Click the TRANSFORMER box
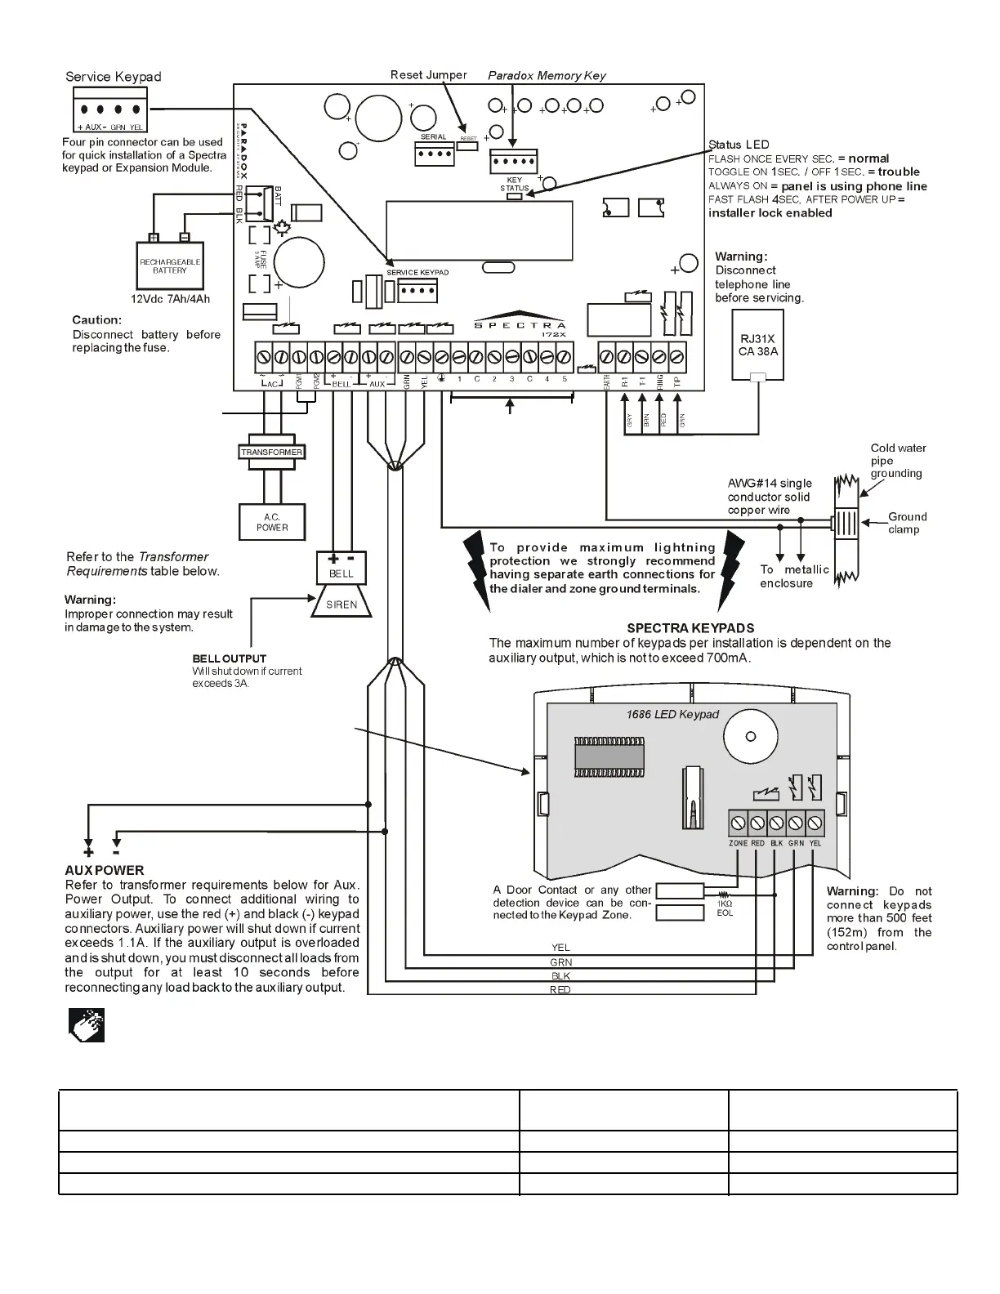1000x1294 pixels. click(271, 452)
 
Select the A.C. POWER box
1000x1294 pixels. click(272, 522)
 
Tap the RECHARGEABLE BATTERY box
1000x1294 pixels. click(170, 266)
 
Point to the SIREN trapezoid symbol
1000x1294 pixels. click(342, 605)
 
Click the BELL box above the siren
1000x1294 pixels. click(342, 568)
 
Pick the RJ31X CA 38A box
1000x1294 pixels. click(757, 345)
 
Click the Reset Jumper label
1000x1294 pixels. click(428, 75)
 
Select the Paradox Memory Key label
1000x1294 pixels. click(547, 76)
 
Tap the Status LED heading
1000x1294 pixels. click(739, 145)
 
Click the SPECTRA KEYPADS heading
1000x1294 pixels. click(690, 628)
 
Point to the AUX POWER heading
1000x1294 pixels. click(105, 871)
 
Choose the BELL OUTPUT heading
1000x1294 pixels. click(230, 658)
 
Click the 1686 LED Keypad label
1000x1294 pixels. click(672, 715)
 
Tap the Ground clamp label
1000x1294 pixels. click(907, 523)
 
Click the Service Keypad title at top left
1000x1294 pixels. click(114, 77)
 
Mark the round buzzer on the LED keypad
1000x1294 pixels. click(750, 736)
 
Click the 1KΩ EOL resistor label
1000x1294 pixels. click(725, 908)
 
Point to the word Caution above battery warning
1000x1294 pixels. click(96, 320)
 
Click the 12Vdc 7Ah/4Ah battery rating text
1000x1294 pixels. click(170, 299)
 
